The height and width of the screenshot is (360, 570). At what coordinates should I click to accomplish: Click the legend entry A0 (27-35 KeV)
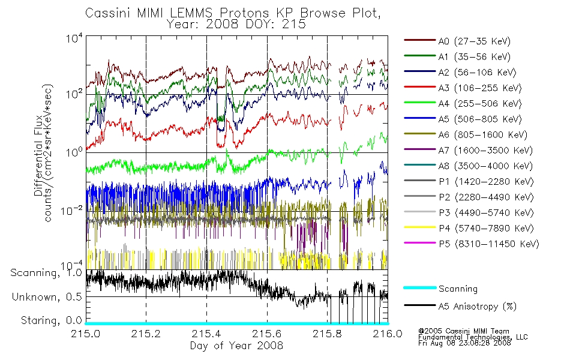[x=474, y=41]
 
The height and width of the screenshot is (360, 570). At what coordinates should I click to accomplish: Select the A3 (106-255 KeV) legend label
[x=479, y=88]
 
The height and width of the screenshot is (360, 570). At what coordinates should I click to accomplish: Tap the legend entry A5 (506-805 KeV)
[x=479, y=119]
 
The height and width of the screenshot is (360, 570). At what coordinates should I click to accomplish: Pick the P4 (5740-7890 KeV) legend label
[x=486, y=229]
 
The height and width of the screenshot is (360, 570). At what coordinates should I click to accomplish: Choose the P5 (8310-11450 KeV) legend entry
[x=488, y=244]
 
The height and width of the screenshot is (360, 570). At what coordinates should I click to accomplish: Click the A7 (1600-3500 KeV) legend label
[x=485, y=151]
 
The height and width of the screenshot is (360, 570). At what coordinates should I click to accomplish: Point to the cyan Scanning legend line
[x=420, y=288]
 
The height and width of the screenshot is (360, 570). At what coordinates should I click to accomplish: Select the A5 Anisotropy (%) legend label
[x=478, y=307]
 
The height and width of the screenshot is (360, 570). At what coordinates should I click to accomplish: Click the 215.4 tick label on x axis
[x=206, y=334]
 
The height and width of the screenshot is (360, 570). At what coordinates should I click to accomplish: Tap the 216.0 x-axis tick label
[x=388, y=334]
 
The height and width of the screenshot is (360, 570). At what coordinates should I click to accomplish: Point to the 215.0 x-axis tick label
[x=85, y=334]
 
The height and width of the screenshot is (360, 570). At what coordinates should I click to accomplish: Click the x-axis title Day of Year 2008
[x=236, y=346]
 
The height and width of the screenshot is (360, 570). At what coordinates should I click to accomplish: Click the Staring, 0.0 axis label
[x=51, y=321]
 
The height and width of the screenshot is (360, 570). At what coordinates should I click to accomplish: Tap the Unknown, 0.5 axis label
[x=47, y=297]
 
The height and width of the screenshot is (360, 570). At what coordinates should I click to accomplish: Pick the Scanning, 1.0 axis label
[x=46, y=273]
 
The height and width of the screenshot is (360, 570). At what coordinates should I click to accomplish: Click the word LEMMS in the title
[x=191, y=13]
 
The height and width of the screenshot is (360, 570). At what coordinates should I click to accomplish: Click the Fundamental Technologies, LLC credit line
[x=473, y=337]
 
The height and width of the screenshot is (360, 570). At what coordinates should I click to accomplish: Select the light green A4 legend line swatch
[x=420, y=103]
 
